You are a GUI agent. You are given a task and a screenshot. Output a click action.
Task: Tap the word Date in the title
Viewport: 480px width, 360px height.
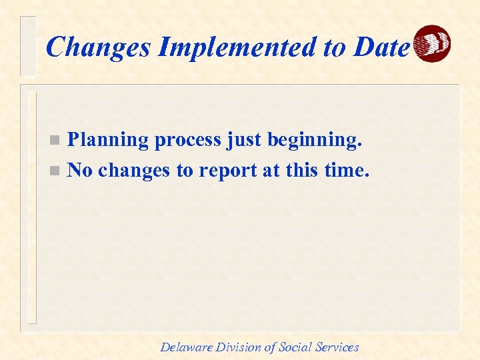(x=381, y=47)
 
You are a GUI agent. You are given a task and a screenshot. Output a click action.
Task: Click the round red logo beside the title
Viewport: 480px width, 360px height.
(x=432, y=44)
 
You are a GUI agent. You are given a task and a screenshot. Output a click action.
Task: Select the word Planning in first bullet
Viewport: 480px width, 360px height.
(x=109, y=140)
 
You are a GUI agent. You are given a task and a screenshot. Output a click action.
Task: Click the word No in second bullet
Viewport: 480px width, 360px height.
(x=80, y=170)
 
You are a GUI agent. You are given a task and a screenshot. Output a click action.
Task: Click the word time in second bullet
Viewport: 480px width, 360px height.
(x=345, y=170)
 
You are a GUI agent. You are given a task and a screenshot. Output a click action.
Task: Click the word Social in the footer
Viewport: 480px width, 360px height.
(x=297, y=347)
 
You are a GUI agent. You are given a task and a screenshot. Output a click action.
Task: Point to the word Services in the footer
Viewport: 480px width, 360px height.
(x=338, y=347)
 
